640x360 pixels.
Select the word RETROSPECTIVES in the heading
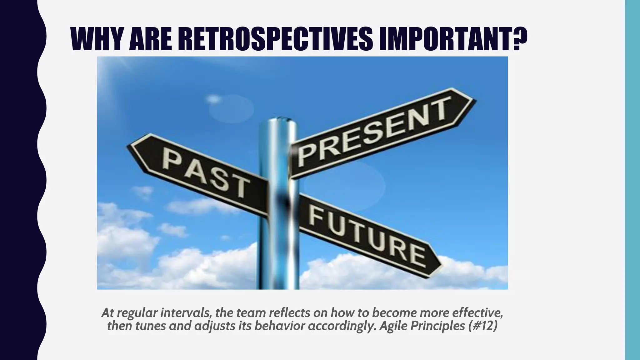271,39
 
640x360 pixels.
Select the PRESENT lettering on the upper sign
373,131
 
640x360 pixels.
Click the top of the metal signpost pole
278,120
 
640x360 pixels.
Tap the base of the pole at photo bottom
278,286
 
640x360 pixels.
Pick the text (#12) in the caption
483,326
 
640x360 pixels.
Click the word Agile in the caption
392,326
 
